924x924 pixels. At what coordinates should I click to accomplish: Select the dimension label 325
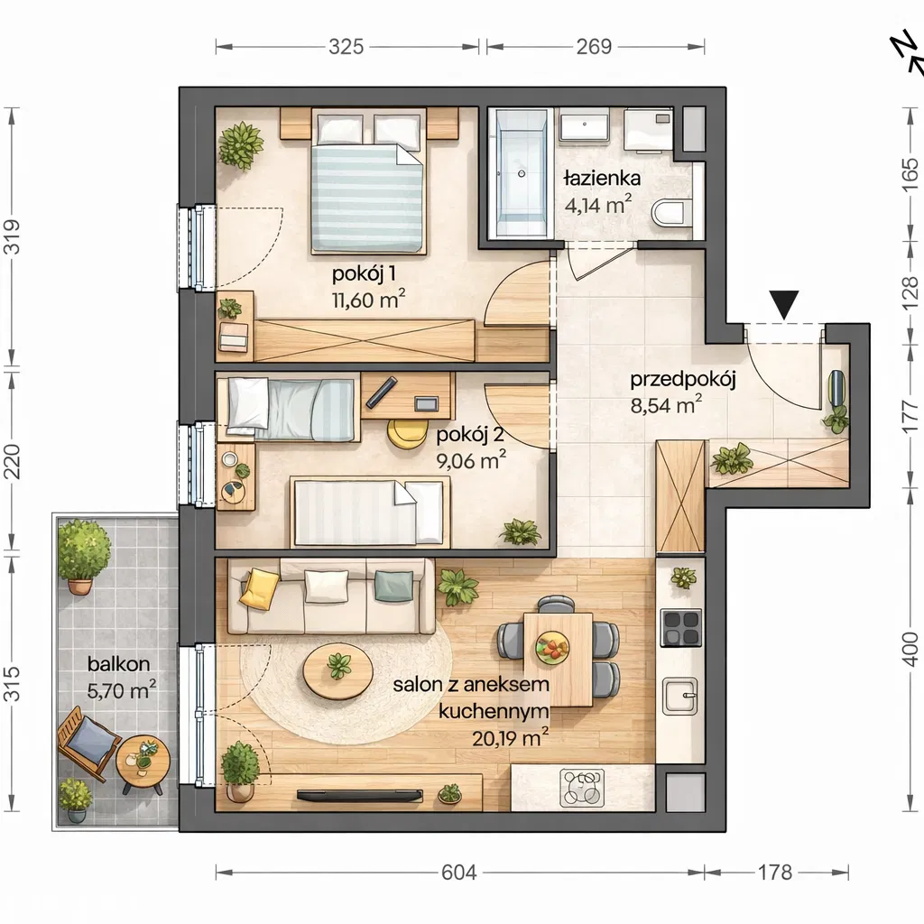click(x=346, y=47)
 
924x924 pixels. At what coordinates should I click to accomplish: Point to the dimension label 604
click(x=459, y=873)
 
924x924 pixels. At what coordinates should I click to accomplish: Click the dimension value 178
click(x=775, y=873)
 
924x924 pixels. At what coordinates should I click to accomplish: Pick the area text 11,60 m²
click(x=369, y=300)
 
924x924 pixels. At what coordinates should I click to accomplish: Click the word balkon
click(x=118, y=664)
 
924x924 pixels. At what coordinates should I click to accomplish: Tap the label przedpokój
click(x=683, y=380)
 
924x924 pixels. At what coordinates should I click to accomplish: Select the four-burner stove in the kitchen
click(x=682, y=628)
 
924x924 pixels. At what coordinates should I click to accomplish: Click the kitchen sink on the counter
click(x=681, y=696)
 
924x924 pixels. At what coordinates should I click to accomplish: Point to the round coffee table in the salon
click(x=337, y=670)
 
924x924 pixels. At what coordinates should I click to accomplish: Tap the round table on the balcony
click(x=143, y=761)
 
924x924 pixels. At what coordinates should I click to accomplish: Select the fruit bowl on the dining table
click(x=553, y=647)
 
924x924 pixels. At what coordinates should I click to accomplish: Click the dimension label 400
click(x=910, y=649)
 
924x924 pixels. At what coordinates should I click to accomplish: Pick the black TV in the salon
click(x=359, y=796)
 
